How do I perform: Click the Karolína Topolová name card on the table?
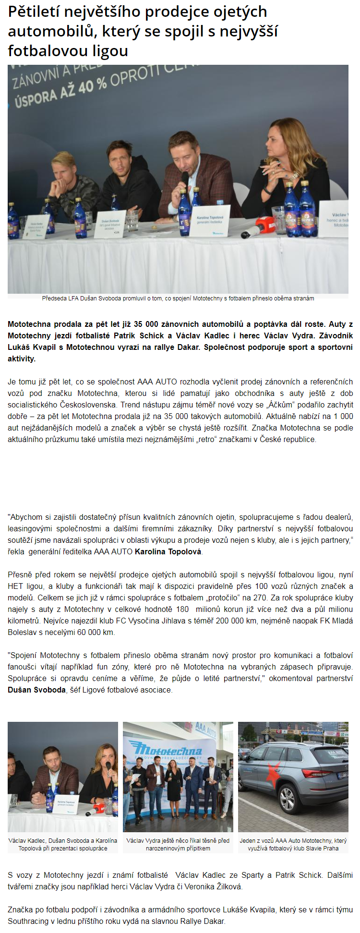(x=210, y=220)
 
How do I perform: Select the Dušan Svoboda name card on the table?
(x=110, y=223)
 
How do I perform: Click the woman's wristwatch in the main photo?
(x=293, y=176)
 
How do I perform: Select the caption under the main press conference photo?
(x=178, y=298)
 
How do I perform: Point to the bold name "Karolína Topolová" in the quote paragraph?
(x=168, y=551)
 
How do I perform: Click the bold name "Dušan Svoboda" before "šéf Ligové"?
(x=36, y=690)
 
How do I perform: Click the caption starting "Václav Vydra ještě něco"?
(x=178, y=844)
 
